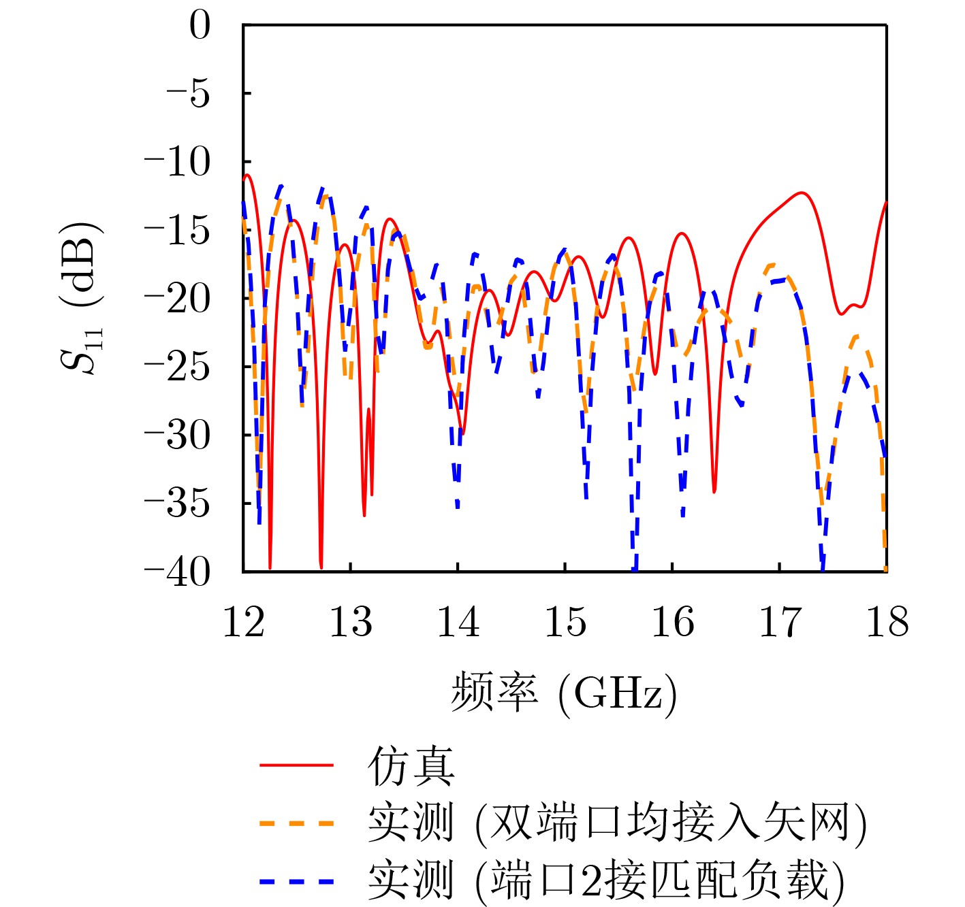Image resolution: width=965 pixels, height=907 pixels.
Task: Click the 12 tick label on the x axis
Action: (x=244, y=622)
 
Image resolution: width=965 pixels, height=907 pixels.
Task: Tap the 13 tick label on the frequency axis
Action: (x=351, y=622)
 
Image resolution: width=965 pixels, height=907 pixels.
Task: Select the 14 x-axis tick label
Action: (x=458, y=622)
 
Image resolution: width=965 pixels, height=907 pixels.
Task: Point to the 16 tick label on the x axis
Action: (x=673, y=622)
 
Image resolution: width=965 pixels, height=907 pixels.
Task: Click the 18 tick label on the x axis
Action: (x=887, y=622)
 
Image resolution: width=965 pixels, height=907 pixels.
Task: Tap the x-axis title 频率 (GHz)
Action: (x=564, y=693)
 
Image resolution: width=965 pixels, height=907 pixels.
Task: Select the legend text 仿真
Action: (x=411, y=765)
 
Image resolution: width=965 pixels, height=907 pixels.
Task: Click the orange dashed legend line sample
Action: (x=297, y=823)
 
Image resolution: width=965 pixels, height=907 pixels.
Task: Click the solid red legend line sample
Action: (x=297, y=765)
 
